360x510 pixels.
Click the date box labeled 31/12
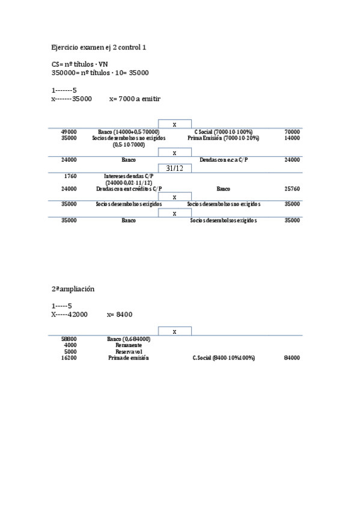(x=174, y=168)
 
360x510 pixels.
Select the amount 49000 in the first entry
(x=69, y=131)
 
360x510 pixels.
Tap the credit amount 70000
(x=292, y=131)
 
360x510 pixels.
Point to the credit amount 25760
(x=292, y=188)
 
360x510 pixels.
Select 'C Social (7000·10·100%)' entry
(x=223, y=131)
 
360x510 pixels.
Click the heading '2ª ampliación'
(x=73, y=289)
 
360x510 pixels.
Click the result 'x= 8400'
(x=120, y=314)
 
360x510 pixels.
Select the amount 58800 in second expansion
(x=69, y=339)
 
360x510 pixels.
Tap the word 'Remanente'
(x=129, y=345)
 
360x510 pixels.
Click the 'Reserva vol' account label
(x=129, y=352)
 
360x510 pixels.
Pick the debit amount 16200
(x=69, y=358)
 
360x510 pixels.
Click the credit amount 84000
(x=292, y=358)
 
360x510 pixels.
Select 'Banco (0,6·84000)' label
(x=129, y=339)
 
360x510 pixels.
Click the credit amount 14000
(x=292, y=138)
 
